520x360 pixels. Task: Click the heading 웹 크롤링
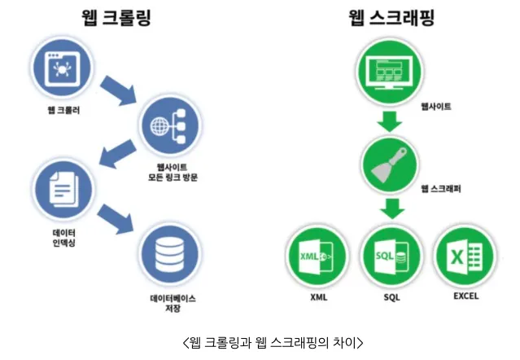click(x=116, y=18)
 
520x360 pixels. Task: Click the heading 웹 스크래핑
click(x=391, y=18)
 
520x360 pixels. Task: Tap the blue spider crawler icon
click(x=62, y=68)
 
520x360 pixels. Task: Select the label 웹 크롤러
click(x=64, y=110)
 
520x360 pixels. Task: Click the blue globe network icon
click(x=170, y=126)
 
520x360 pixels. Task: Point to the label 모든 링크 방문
click(x=173, y=178)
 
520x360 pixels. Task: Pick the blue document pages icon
click(x=63, y=190)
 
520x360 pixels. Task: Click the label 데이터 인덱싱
click(x=64, y=238)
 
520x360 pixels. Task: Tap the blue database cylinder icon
click(x=170, y=254)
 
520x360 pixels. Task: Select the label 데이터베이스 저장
click(x=173, y=303)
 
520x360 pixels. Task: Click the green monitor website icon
click(x=389, y=72)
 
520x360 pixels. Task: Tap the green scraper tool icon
click(x=390, y=165)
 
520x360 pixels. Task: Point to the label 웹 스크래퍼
click(x=441, y=189)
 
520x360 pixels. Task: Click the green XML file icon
click(x=317, y=257)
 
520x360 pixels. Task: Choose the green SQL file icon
click(x=391, y=257)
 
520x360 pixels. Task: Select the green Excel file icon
click(x=465, y=257)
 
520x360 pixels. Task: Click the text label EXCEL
click(x=466, y=296)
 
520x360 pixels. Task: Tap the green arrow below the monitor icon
click(x=390, y=121)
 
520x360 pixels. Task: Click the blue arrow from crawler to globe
click(x=119, y=90)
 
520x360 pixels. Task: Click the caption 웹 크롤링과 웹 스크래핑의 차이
click(x=273, y=342)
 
